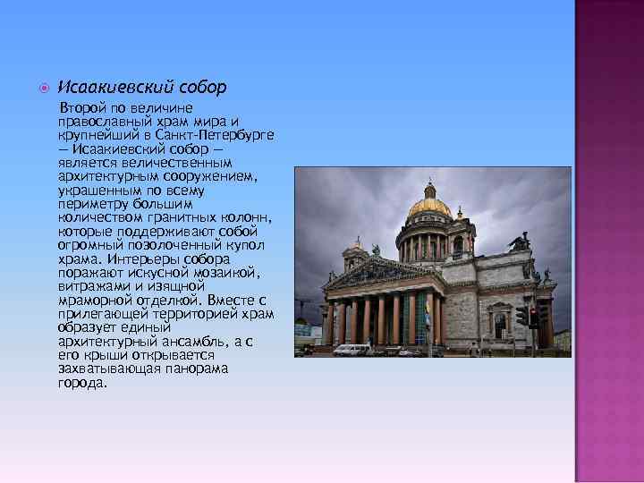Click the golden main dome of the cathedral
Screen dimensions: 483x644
point(429,206)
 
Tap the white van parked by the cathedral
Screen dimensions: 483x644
point(352,349)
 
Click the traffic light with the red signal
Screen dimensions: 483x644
point(534,316)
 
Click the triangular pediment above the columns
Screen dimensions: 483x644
point(380,272)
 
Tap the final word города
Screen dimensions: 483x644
point(81,383)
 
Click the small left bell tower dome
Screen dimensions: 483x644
point(357,244)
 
